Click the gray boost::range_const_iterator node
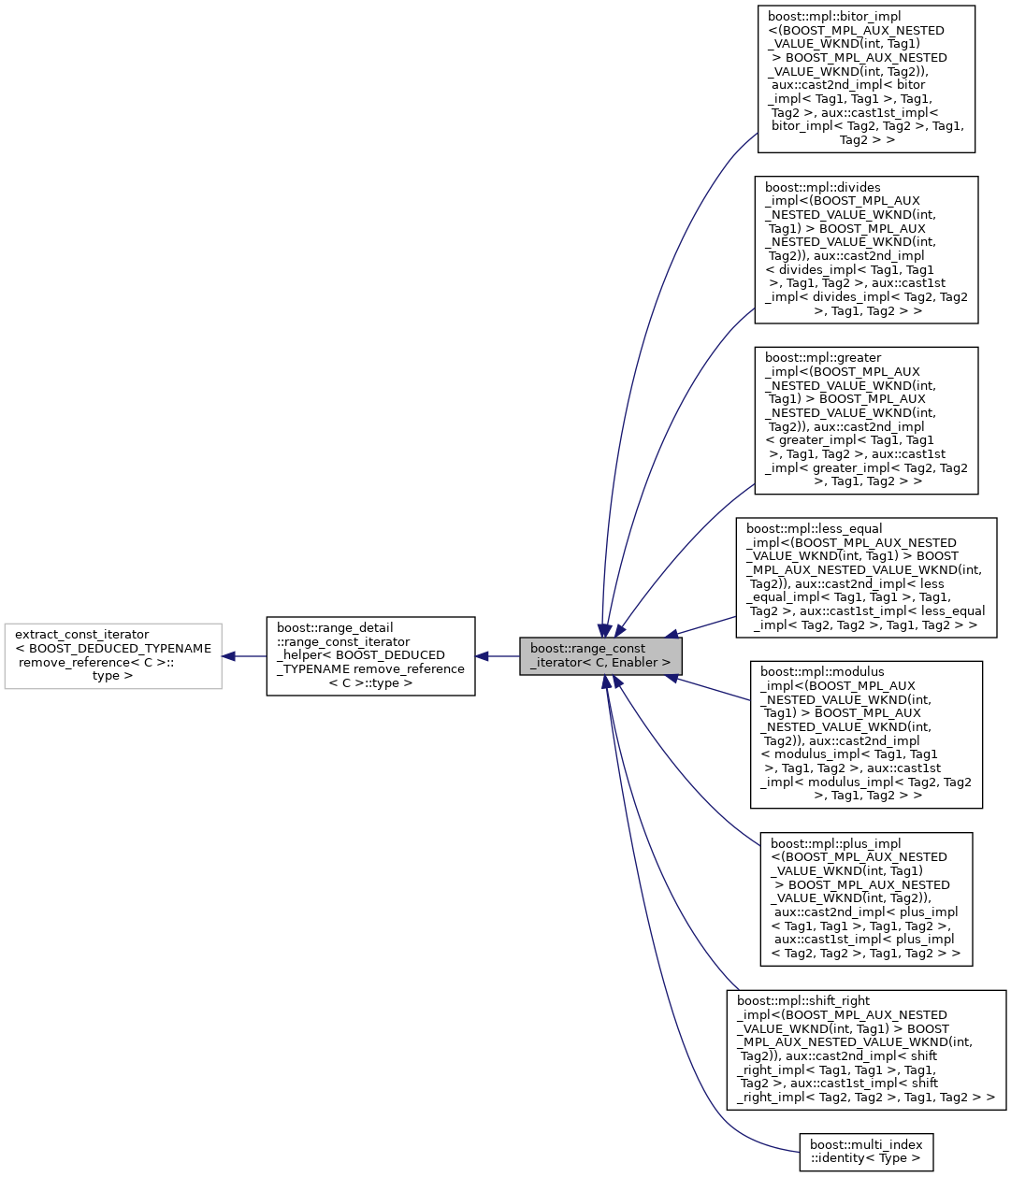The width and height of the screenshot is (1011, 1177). point(600,655)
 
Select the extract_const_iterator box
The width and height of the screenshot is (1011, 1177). point(113,655)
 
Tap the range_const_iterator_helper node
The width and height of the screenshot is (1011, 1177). point(370,655)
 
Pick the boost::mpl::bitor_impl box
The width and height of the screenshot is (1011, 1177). point(866,79)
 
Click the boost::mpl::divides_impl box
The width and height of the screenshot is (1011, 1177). point(866,250)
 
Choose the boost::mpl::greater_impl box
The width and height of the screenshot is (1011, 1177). point(866,421)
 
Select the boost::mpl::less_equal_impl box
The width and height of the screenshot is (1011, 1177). point(866,578)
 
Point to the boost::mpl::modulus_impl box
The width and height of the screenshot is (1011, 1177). point(866,734)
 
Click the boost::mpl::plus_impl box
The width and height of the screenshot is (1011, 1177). point(866,898)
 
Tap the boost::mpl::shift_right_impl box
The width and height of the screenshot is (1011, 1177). point(866,1050)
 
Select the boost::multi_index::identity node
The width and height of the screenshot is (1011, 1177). point(866,1151)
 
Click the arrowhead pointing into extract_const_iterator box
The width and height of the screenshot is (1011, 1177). point(228,656)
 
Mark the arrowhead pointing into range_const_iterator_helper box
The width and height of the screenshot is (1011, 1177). point(482,656)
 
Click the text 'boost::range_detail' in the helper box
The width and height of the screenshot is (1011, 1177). point(335,628)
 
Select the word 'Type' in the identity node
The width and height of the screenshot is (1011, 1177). point(892,1158)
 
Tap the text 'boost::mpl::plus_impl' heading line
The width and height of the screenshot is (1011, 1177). point(835,843)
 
